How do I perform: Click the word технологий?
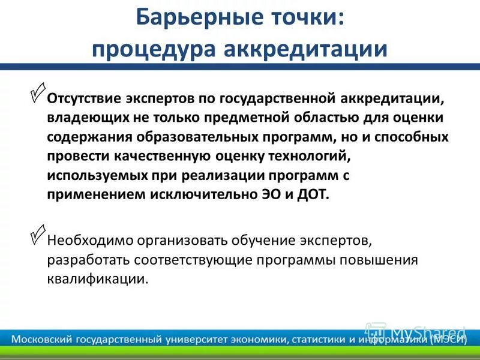point(314,157)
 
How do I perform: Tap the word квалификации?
point(97,280)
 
